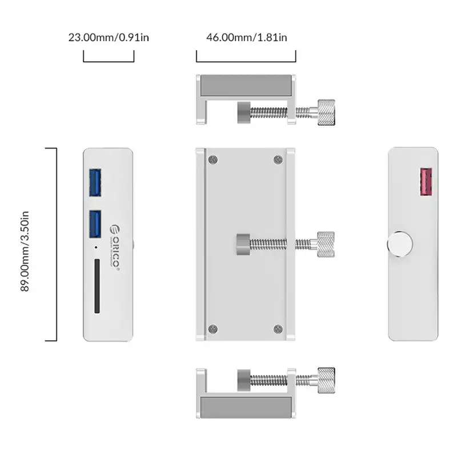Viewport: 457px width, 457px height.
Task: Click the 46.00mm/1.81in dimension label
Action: (246, 38)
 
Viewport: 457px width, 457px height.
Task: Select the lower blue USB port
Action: (95, 225)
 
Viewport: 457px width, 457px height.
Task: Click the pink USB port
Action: (425, 183)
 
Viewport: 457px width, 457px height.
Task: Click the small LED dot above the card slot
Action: (95, 248)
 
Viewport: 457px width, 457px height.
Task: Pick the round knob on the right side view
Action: (399, 243)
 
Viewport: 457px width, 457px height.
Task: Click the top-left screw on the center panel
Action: (213, 160)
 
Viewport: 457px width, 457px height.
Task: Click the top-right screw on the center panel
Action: (278, 160)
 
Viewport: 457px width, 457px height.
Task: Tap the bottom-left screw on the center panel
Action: (213, 328)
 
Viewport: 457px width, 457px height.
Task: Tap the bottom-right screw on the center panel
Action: (278, 328)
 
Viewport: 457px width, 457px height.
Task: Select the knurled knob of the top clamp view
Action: (326, 112)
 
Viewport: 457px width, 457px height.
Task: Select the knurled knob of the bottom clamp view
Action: (326, 380)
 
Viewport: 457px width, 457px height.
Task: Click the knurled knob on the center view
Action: (326, 243)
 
